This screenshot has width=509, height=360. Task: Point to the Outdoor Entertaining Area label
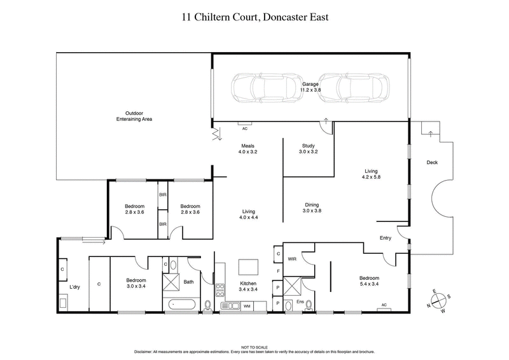click(x=134, y=116)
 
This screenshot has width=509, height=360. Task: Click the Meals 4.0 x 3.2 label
click(x=248, y=149)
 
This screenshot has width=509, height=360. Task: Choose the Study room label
click(x=309, y=149)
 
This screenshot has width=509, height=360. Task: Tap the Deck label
click(x=432, y=162)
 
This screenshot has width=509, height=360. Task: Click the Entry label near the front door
click(x=386, y=238)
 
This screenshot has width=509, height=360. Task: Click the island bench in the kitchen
click(x=248, y=265)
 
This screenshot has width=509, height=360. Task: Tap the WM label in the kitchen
click(x=246, y=307)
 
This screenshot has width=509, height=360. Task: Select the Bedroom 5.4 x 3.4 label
click(x=368, y=280)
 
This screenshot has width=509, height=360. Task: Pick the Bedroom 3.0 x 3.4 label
click(x=135, y=282)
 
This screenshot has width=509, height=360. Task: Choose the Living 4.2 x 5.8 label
click(x=372, y=173)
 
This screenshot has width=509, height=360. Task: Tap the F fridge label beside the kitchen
click(x=279, y=272)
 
